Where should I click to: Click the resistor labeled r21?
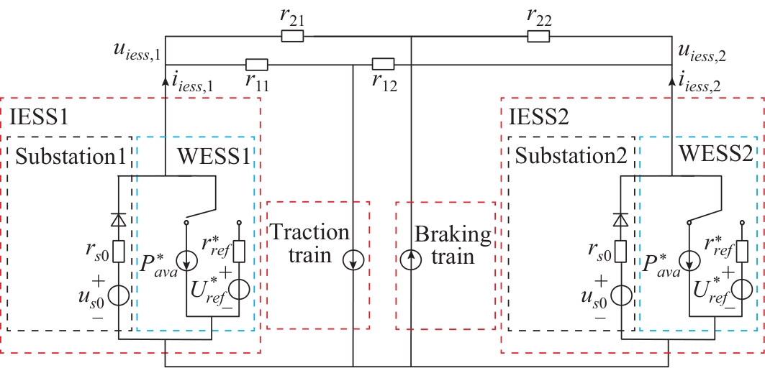pos(292,35)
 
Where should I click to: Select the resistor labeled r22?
pos(538,35)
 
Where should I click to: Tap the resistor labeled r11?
pos(257,65)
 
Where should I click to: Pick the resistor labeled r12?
pos(383,64)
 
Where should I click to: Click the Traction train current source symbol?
pos(353,259)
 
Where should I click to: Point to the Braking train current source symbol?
pos(411,259)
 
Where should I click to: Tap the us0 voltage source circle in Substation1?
pos(119,295)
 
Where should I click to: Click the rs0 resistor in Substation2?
pos(618,251)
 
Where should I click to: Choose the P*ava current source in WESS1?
pos(186,259)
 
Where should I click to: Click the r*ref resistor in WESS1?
pos(240,251)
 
